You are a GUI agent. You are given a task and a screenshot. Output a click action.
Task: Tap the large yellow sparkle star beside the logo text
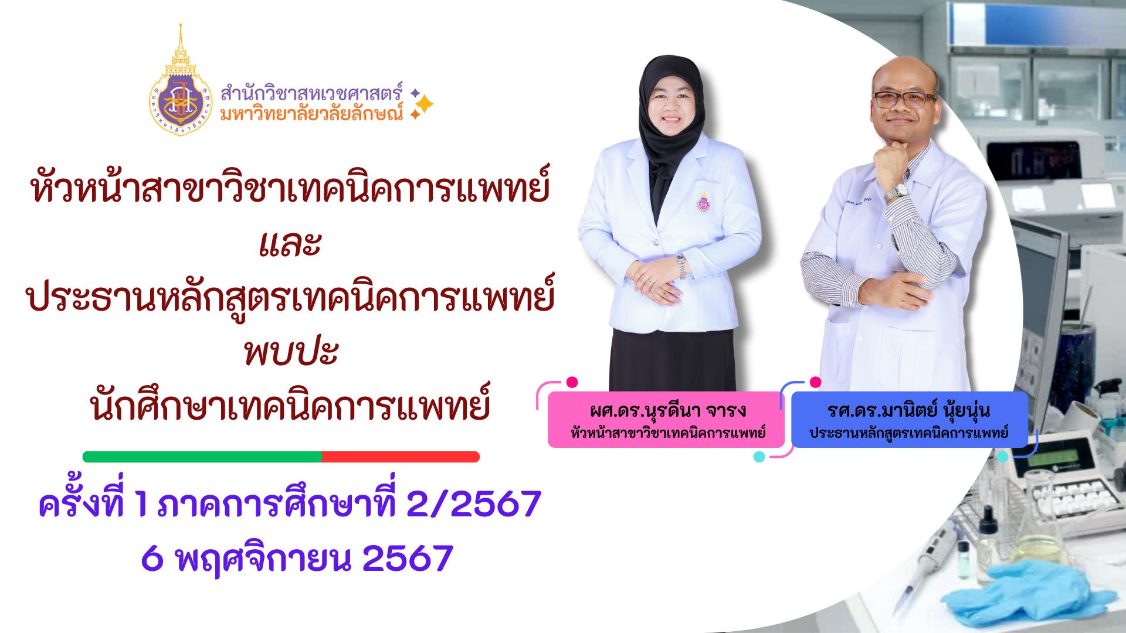(x=423, y=104)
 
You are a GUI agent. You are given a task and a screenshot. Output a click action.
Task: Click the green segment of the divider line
(x=202, y=457)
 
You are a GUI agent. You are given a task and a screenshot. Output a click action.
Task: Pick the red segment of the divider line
(x=401, y=457)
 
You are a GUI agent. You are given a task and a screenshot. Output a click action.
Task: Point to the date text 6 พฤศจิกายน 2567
(x=297, y=560)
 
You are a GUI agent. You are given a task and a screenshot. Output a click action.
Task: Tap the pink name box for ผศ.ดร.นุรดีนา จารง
(x=666, y=420)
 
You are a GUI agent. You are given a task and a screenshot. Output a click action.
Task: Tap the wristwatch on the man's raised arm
(x=896, y=192)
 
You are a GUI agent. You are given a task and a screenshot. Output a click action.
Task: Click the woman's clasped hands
(x=651, y=272)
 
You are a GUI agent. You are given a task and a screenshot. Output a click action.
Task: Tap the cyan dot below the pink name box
(x=759, y=457)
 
